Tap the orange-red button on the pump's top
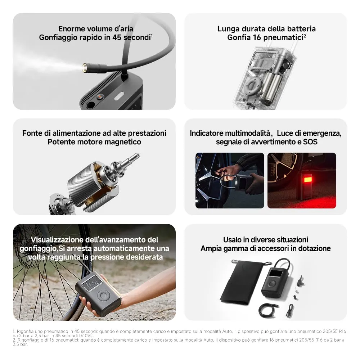point(99,97)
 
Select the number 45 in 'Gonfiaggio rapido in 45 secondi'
point(117,37)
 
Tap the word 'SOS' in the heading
point(310,142)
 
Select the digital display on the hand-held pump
point(92,284)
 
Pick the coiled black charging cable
point(267,310)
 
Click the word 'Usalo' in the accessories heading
point(232,240)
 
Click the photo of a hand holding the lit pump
point(230,180)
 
